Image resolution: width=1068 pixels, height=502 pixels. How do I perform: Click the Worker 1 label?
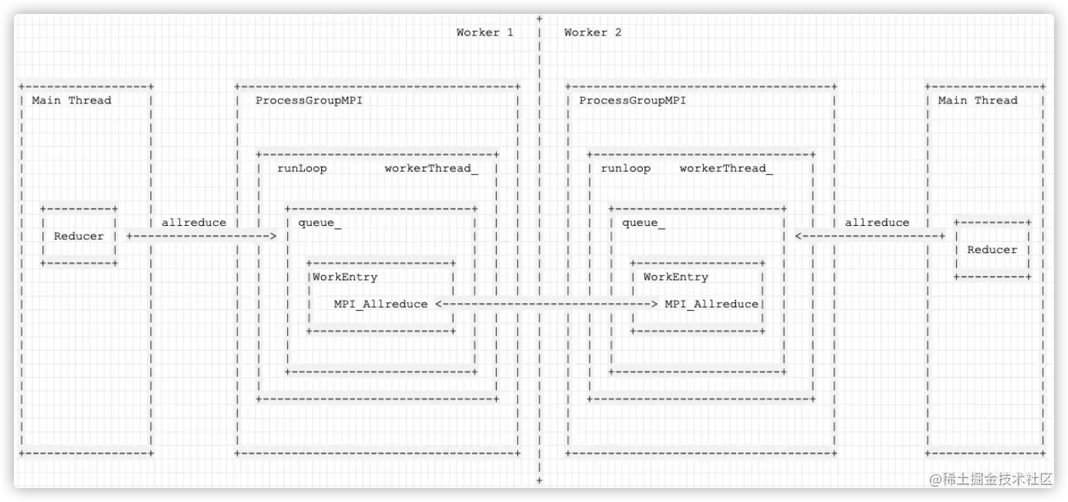(484, 32)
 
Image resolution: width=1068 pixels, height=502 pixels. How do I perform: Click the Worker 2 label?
(593, 32)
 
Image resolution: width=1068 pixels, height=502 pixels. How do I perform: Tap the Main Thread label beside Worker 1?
(71, 100)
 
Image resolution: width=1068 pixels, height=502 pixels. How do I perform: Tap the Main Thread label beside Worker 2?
(978, 100)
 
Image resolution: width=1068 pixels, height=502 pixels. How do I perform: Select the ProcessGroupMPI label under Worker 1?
(309, 100)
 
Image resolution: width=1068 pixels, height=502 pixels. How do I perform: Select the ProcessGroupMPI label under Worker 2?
(632, 100)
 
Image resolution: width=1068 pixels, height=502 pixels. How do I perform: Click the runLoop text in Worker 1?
(302, 168)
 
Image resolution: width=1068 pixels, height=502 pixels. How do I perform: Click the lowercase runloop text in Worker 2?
(625, 168)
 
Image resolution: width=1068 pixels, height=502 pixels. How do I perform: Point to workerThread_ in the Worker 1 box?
(431, 168)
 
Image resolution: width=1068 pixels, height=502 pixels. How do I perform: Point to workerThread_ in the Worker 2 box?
(725, 168)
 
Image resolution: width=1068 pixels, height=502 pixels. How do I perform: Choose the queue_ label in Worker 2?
(644, 223)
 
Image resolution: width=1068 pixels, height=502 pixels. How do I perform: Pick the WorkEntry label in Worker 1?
(345, 277)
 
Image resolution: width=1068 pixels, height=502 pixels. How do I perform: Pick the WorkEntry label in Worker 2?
(675, 277)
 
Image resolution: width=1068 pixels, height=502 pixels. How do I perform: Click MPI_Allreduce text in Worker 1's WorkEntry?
(380, 304)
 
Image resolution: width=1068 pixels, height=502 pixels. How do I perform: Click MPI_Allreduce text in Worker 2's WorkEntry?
(711, 304)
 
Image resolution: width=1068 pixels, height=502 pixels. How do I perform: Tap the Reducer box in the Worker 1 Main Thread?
(79, 236)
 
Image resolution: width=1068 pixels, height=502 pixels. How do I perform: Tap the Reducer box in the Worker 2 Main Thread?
(992, 249)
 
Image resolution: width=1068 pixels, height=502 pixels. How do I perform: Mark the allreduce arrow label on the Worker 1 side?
(194, 223)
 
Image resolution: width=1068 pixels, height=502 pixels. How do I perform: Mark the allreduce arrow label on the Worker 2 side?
(877, 223)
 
